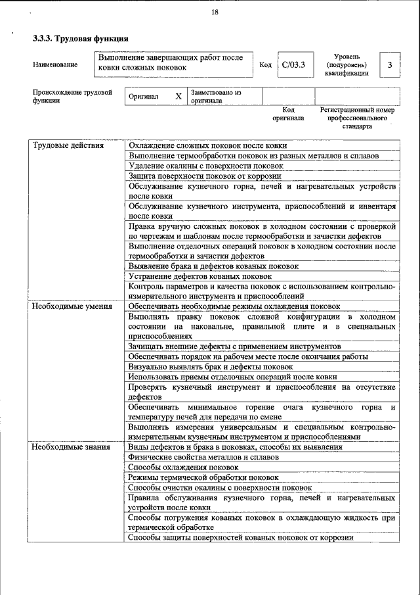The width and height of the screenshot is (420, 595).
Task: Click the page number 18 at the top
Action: (x=215, y=12)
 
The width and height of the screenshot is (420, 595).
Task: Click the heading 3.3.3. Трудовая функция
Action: (x=80, y=39)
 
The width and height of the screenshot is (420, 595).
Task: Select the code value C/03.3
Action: (x=293, y=64)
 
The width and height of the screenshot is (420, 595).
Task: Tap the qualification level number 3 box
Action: (x=390, y=64)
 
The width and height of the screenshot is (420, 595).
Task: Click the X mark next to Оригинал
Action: (x=178, y=96)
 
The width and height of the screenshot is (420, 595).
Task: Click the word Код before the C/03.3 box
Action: (x=265, y=64)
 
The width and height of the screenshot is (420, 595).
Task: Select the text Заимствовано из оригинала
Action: (x=216, y=97)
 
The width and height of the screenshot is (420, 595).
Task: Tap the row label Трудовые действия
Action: (x=68, y=145)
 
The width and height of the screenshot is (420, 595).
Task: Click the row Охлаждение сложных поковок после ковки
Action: (x=207, y=145)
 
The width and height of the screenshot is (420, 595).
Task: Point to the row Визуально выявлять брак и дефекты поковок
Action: (x=211, y=367)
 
